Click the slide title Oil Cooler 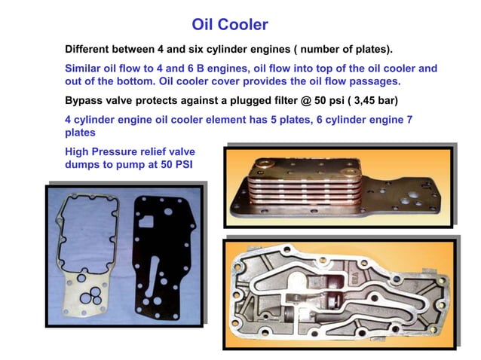pyautogui.click(x=230, y=25)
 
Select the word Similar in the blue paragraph pyautogui.click(x=87, y=68)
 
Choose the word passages pyautogui.click(x=373, y=81)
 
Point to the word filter pyautogui.click(x=280, y=100)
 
